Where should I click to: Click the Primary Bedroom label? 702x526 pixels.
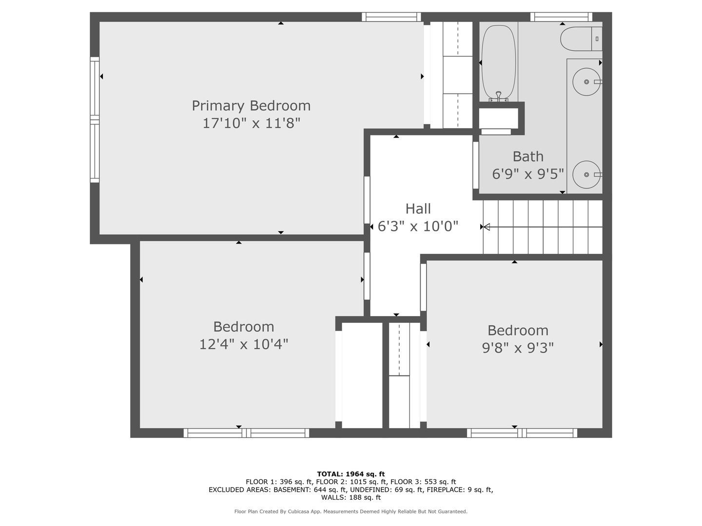tap(251, 106)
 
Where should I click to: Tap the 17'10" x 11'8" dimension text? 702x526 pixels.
tap(252, 123)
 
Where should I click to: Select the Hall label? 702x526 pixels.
tap(418, 209)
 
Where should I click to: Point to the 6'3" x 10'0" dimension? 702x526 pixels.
tap(418, 226)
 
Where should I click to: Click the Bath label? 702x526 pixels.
tap(528, 156)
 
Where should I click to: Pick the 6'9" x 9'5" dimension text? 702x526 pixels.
tap(527, 174)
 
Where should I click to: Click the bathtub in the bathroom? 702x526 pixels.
tap(499, 63)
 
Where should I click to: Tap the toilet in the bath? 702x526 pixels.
tap(581, 39)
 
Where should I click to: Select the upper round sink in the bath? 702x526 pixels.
tap(586, 82)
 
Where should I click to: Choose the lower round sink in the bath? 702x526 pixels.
tap(586, 175)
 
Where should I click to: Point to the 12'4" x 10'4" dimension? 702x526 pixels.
tap(244, 345)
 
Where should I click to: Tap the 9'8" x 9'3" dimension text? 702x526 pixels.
tap(518, 348)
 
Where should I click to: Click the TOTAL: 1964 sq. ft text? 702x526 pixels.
tap(351, 474)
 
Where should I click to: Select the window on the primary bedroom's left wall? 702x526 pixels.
tap(95, 120)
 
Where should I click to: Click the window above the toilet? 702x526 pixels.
tap(561, 17)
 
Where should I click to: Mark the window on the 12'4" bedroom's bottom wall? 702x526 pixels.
tap(246, 433)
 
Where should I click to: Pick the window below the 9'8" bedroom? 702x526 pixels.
tap(522, 433)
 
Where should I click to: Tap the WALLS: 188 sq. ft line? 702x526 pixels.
tap(351, 497)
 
